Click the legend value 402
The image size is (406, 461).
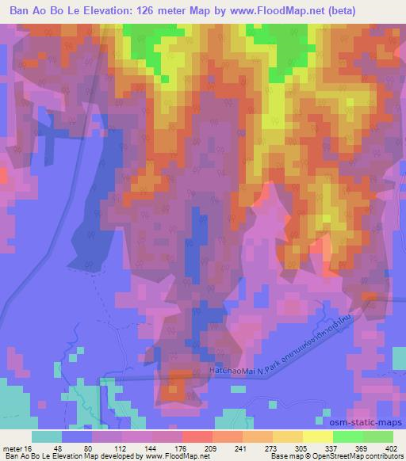[x=391, y=448]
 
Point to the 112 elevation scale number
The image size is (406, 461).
[x=109, y=448]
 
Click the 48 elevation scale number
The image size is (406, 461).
[x=59, y=448]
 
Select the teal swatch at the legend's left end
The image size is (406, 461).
[x=45, y=436]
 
